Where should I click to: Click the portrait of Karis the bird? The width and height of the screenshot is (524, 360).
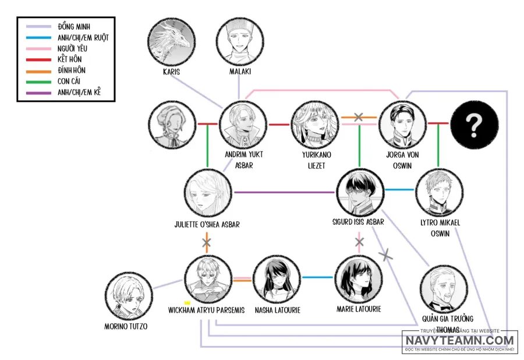pyautogui.click(x=172, y=42)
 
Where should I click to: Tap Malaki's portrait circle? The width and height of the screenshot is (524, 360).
pyautogui.click(x=239, y=42)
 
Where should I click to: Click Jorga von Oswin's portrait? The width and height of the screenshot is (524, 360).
pyautogui.click(x=401, y=123)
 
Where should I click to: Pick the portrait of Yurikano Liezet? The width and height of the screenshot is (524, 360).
pyautogui.click(x=314, y=123)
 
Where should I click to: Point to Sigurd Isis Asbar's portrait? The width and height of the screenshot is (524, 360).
pyautogui.click(x=360, y=192)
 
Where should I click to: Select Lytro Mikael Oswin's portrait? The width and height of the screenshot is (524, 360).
pyautogui.click(x=438, y=192)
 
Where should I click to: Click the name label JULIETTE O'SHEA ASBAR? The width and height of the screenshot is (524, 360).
pyautogui.click(x=207, y=224)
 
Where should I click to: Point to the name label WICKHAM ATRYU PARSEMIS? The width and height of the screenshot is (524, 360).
pyautogui.click(x=207, y=310)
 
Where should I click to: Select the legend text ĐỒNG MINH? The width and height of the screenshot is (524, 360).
pyautogui.click(x=74, y=26)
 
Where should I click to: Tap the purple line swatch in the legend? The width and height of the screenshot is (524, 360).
pyautogui.click(x=36, y=93)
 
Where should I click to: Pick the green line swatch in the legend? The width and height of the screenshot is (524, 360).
pyautogui.click(x=36, y=82)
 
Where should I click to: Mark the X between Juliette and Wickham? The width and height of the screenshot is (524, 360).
pyautogui.click(x=207, y=241)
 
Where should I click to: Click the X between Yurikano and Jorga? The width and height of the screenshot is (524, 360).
pyautogui.click(x=358, y=117)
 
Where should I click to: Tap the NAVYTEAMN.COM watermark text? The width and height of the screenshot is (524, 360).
pyautogui.click(x=460, y=340)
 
